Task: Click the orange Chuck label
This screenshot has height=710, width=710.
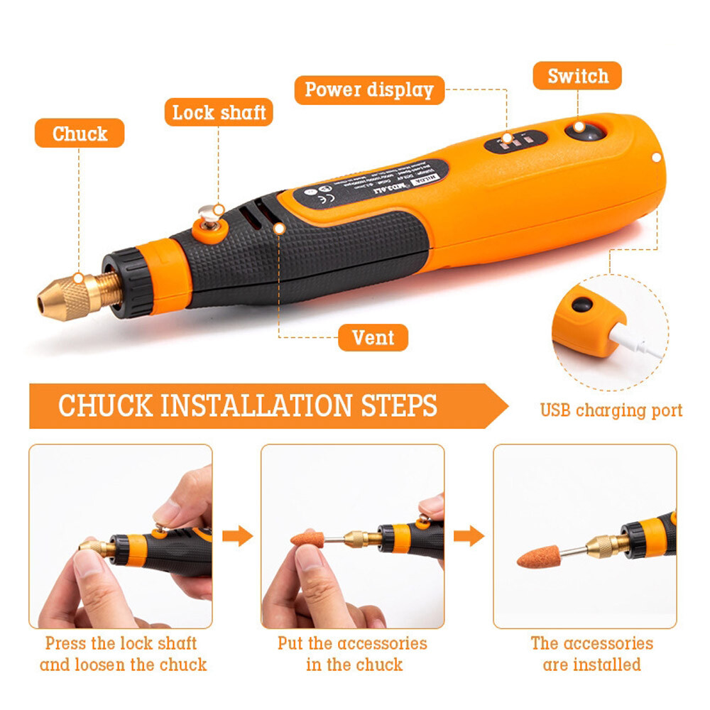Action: [x=80, y=133]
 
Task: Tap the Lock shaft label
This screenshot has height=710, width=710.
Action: [x=219, y=112]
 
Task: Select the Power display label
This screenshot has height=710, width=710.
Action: [x=368, y=90]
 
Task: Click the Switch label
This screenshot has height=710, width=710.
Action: [x=577, y=76]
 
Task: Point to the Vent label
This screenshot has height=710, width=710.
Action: [x=373, y=337]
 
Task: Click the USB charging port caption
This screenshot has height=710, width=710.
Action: [x=611, y=410]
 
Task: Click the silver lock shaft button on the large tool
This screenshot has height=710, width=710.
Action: [x=208, y=212]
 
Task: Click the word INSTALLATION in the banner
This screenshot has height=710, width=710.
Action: [x=256, y=406]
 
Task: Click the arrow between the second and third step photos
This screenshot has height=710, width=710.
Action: [x=469, y=535]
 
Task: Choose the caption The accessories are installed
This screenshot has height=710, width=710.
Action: [x=591, y=654]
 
